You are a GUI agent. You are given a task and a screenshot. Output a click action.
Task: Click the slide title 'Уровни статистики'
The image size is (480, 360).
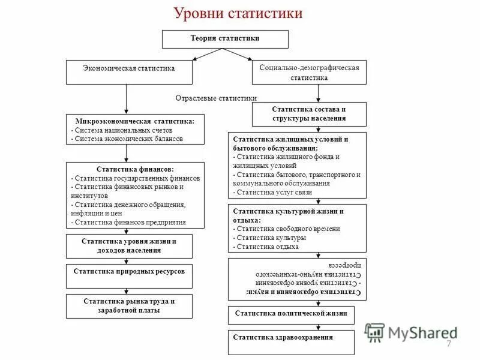[x=238, y=13]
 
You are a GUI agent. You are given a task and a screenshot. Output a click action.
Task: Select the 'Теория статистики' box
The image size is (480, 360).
[x=225, y=39]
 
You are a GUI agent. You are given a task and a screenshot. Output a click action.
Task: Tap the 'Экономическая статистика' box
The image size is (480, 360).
[x=129, y=68]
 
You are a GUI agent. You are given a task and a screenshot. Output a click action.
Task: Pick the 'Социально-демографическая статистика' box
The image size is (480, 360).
[x=309, y=73]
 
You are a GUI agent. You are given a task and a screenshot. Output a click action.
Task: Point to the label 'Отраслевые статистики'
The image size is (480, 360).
[x=216, y=98]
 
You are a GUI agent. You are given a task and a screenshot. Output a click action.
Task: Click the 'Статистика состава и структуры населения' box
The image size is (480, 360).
[x=309, y=114]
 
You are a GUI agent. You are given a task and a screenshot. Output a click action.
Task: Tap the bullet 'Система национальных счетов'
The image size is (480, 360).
[x=123, y=130]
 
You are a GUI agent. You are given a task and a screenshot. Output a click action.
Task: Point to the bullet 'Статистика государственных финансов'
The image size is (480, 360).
[x=136, y=178]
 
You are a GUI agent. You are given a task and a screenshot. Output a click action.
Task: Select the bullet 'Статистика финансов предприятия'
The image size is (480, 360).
[x=130, y=221]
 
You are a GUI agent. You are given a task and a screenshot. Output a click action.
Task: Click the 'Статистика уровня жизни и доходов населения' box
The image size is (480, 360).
[x=129, y=245]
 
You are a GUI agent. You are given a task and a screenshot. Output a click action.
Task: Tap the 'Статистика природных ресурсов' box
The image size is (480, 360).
[x=129, y=271]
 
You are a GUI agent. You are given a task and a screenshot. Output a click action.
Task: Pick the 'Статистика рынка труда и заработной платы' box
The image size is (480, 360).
[x=129, y=305]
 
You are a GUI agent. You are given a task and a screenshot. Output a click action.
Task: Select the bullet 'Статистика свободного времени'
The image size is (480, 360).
[x=288, y=229]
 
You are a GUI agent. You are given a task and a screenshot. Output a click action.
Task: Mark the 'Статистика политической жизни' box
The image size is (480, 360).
[x=291, y=313]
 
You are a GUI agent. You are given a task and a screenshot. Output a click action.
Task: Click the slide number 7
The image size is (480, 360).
[x=448, y=343]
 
